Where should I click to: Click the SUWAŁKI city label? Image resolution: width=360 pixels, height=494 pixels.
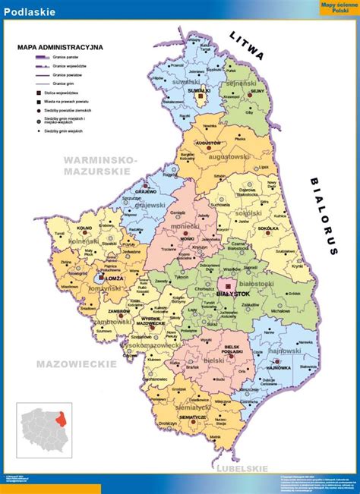click(199, 90)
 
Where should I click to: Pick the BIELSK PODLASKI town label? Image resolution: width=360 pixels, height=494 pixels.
click(232, 351)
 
